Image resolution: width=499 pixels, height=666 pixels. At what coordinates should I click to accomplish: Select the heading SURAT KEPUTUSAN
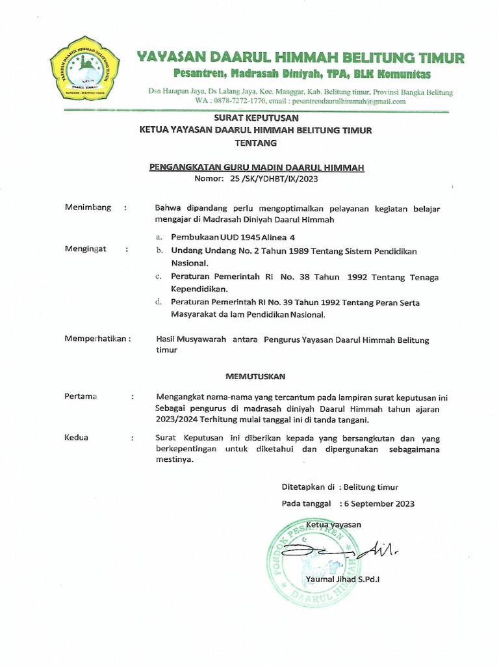(x=256, y=118)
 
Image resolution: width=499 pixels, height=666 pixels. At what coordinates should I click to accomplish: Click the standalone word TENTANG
(x=255, y=142)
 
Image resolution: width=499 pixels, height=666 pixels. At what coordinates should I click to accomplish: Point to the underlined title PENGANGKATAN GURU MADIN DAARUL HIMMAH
(x=257, y=167)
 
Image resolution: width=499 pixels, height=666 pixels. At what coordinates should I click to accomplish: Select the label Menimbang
(x=88, y=207)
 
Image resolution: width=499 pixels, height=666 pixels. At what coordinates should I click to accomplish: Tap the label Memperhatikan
(x=97, y=339)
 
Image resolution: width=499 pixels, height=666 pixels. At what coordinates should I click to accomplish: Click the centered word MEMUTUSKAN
(x=255, y=377)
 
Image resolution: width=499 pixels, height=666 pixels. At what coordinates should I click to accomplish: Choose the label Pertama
(x=81, y=396)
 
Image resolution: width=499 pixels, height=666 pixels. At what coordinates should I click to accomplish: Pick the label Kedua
(x=77, y=438)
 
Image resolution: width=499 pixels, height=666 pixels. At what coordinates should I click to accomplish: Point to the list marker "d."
(x=159, y=302)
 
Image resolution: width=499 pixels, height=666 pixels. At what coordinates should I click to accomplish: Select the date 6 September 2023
(x=379, y=503)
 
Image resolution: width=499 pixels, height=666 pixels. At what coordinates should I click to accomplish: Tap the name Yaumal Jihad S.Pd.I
(x=341, y=579)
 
